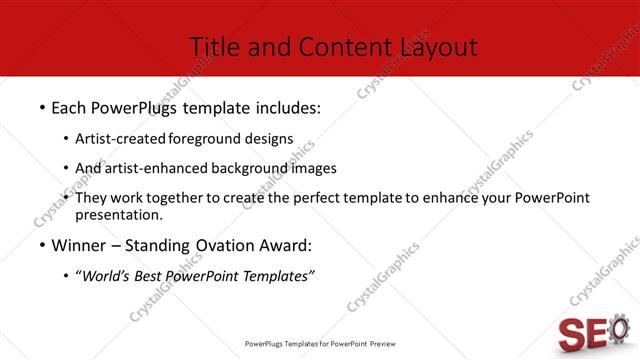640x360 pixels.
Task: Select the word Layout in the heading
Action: pyautogui.click(x=439, y=47)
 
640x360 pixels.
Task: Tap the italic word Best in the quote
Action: pyautogui.click(x=150, y=276)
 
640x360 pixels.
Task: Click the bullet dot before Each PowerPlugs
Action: pyautogui.click(x=42, y=107)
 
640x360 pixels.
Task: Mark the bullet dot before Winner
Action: pyautogui.click(x=42, y=246)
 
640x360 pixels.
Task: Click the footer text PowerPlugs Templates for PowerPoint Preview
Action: pyautogui.click(x=320, y=343)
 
